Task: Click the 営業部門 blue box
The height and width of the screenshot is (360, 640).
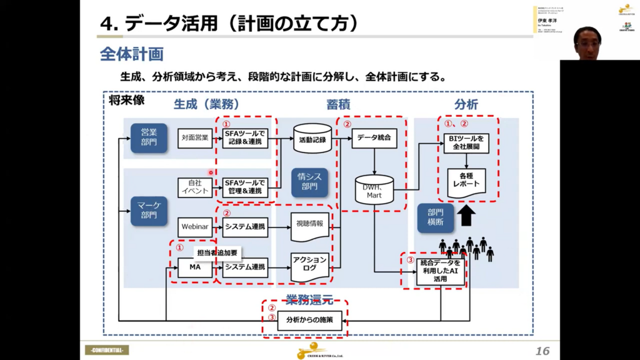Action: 149,137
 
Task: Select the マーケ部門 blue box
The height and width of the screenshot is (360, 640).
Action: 149,211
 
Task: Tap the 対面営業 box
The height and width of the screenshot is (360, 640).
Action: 195,138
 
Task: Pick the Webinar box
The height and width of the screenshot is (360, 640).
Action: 195,227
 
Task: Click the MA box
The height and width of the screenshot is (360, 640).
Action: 195,267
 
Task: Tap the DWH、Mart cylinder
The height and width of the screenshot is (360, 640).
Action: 374,190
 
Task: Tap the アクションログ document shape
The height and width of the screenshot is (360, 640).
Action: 311,265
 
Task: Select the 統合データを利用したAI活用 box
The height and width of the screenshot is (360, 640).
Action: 441,272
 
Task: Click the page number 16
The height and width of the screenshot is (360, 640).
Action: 542,351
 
